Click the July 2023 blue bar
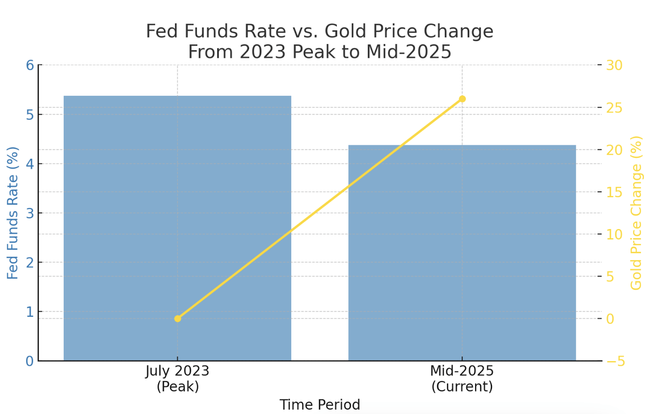pyautogui.click(x=177, y=228)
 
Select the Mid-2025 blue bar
pyautogui.click(x=462, y=252)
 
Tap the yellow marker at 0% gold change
pyautogui.click(x=178, y=319)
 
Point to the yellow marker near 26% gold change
pyautogui.click(x=462, y=99)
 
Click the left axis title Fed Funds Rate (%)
pyautogui.click(x=13, y=213)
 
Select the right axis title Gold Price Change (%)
pyautogui.click(x=636, y=213)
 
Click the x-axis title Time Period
pyautogui.click(x=320, y=405)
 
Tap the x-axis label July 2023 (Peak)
pyautogui.click(x=178, y=378)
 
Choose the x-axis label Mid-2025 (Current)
pyautogui.click(x=462, y=378)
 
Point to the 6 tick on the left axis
pyautogui.click(x=30, y=65)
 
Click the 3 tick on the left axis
pyautogui.click(x=30, y=213)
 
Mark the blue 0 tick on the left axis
pyautogui.click(x=30, y=361)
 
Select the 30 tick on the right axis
pyautogui.click(x=614, y=65)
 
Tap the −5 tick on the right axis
pyautogui.click(x=615, y=361)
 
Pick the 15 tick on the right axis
pyautogui.click(x=614, y=192)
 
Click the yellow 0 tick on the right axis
pyautogui.click(x=610, y=319)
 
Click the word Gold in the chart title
pyautogui.click(x=346, y=31)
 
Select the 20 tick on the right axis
pyautogui.click(x=614, y=150)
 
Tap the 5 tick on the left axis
pyautogui.click(x=30, y=115)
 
